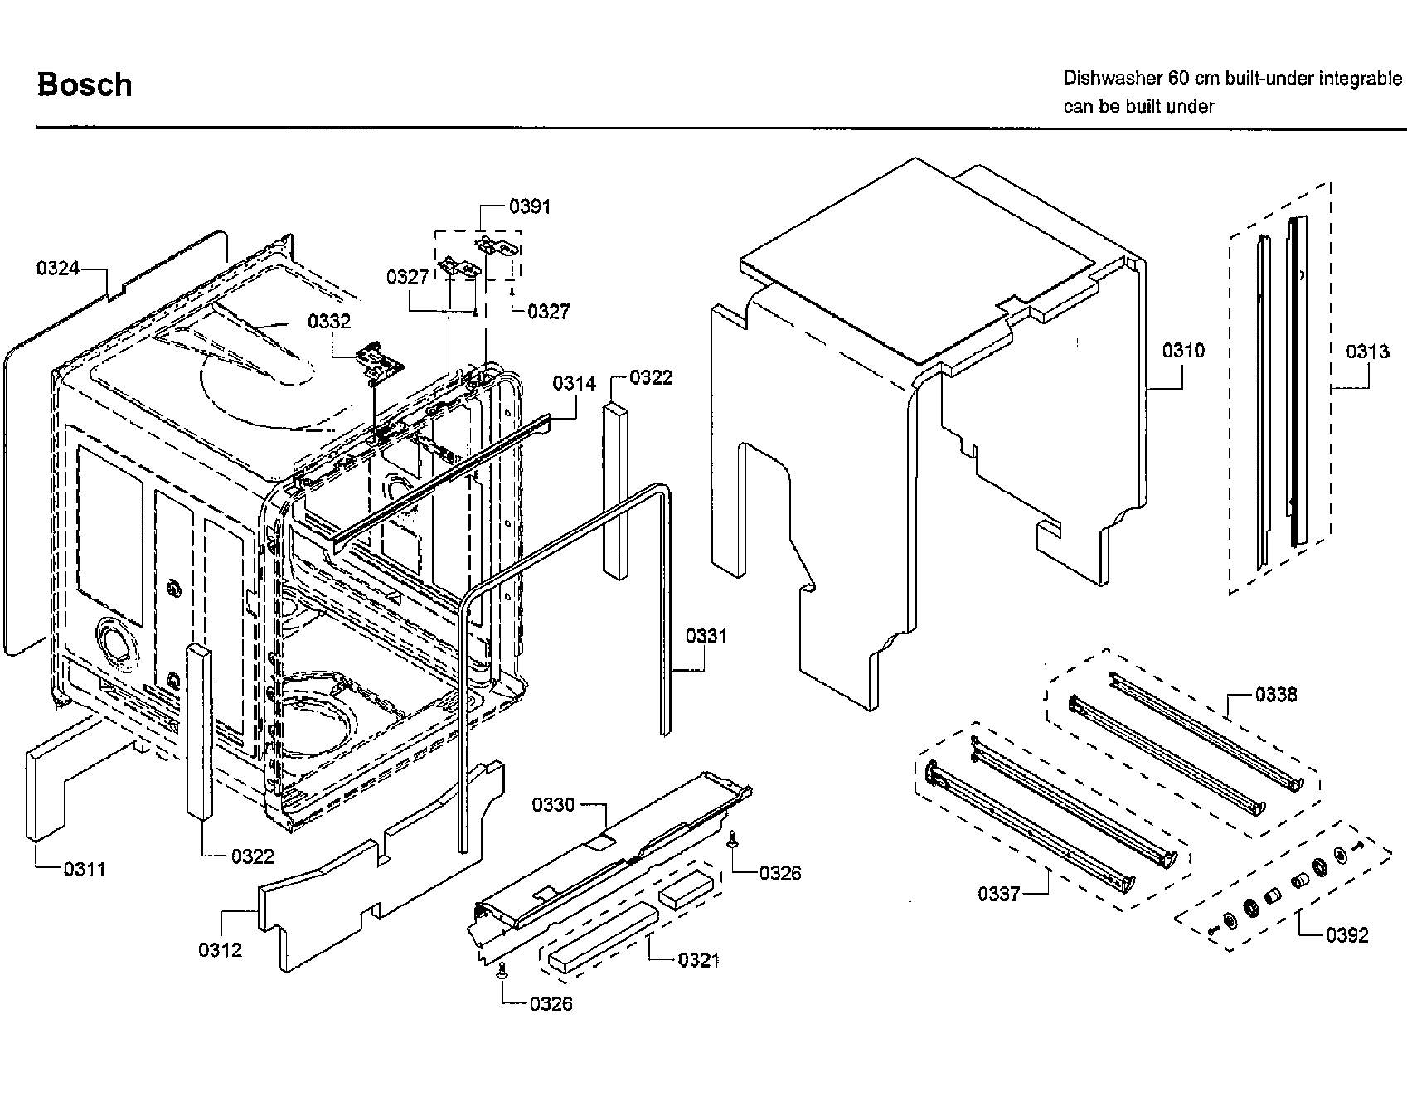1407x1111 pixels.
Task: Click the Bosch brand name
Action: [85, 85]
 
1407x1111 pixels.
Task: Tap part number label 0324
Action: [57, 268]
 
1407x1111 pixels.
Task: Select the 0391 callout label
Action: [530, 206]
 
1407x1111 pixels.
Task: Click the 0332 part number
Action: [329, 322]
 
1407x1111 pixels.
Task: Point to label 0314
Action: [575, 383]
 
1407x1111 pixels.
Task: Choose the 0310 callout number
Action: [1183, 351]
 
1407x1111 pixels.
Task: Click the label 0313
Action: [1367, 352]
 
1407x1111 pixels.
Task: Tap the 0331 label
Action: [706, 637]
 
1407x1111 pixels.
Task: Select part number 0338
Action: [1276, 695]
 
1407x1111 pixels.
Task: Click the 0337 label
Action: [999, 894]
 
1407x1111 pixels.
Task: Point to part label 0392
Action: [1346, 935]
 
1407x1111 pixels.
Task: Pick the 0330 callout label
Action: [553, 805]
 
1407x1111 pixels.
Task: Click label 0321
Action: [698, 960]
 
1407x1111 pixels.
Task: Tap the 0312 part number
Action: [220, 950]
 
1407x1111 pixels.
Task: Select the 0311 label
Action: [85, 869]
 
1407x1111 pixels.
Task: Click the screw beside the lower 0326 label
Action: [502, 973]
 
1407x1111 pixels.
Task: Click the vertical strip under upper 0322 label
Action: [616, 489]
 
